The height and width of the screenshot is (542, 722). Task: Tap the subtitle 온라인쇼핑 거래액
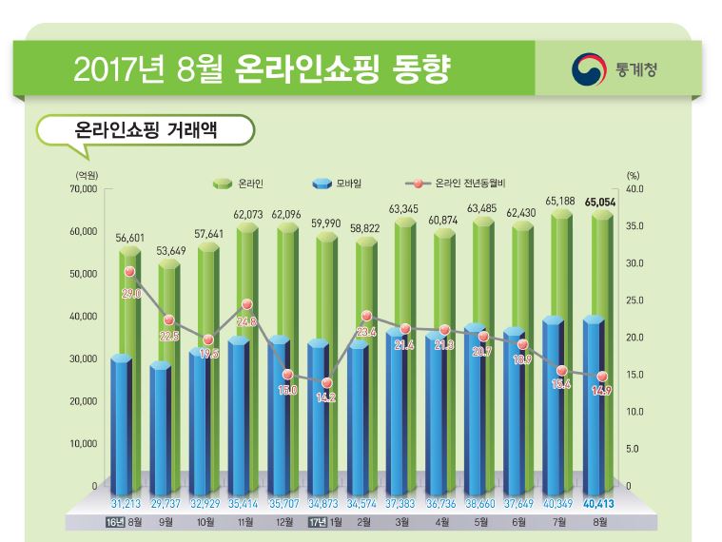[x=144, y=129]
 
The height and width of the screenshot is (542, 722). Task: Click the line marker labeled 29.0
[x=130, y=272]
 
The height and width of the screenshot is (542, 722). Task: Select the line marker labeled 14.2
[x=326, y=383]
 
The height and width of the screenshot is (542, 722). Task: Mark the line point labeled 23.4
[x=366, y=315]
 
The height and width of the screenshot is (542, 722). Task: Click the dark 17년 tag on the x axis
[x=314, y=522]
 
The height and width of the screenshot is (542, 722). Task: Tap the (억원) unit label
[x=86, y=175]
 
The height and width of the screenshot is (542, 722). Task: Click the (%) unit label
[x=634, y=175]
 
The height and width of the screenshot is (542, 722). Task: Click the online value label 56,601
[x=130, y=239]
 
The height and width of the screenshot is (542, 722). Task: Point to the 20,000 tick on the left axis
[x=83, y=401]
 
